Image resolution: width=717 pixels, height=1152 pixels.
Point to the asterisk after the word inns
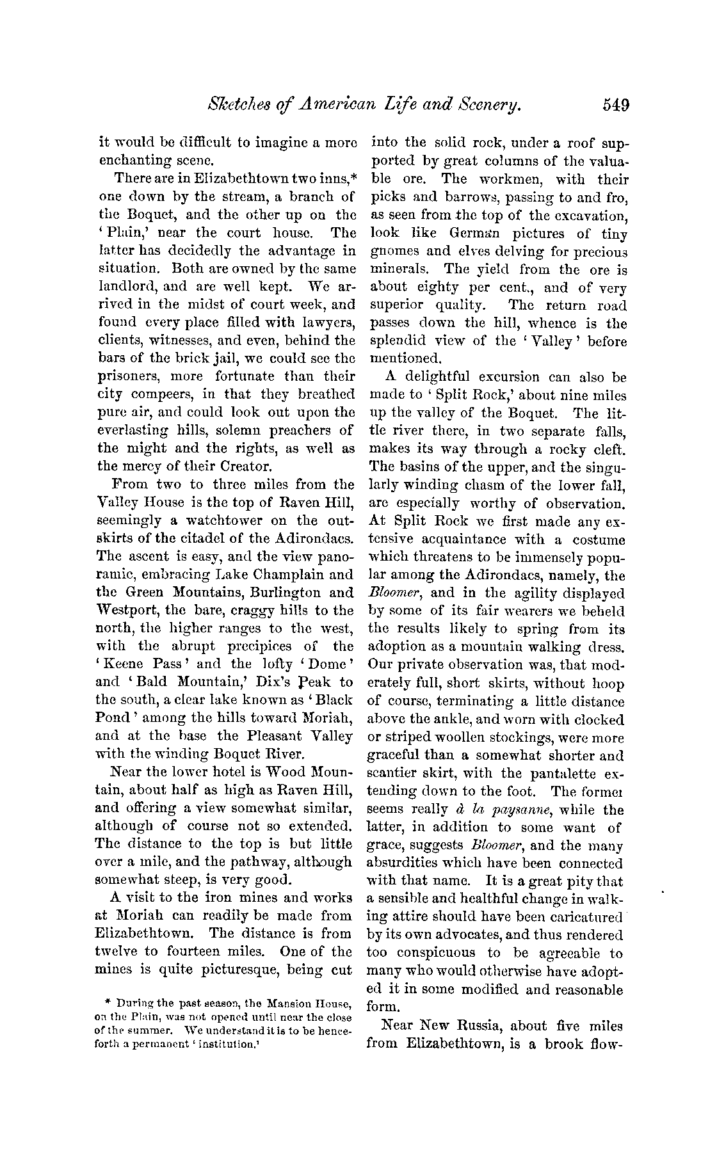click(x=351, y=177)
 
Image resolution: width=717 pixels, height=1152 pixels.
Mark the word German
click(x=466, y=234)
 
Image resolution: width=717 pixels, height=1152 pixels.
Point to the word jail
click(x=223, y=358)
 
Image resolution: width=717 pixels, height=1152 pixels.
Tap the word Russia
click(x=475, y=1026)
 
